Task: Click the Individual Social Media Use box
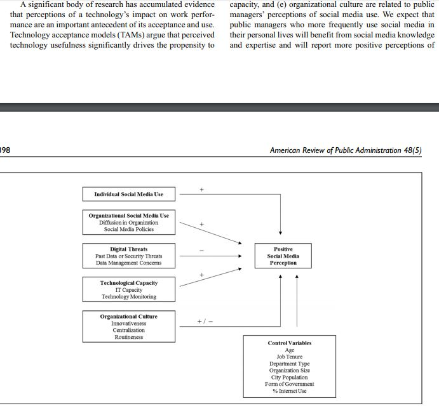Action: point(129,194)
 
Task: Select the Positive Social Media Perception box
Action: point(283,256)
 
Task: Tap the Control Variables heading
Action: point(290,343)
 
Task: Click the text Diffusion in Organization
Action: point(129,223)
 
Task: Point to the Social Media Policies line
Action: point(129,230)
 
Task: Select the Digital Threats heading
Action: point(129,249)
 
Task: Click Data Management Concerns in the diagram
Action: point(129,263)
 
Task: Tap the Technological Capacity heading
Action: point(129,283)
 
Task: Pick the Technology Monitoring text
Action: point(129,296)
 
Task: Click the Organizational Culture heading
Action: point(129,317)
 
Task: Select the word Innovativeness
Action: point(129,324)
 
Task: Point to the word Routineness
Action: point(129,337)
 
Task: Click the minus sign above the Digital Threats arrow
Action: point(201,250)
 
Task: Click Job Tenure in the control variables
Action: point(290,357)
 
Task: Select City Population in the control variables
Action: point(290,377)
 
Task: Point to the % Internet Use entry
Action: point(290,391)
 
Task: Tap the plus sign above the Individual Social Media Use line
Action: point(201,189)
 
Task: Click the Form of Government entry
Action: point(290,384)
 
